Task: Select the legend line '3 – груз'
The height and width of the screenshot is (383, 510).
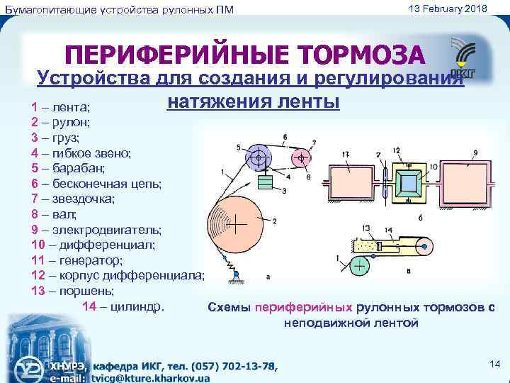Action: (55, 137)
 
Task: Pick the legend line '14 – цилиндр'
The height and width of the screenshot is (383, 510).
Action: (123, 306)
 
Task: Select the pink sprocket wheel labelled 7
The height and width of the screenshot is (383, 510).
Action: (302, 157)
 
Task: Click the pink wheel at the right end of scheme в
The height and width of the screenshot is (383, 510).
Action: (424, 248)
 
